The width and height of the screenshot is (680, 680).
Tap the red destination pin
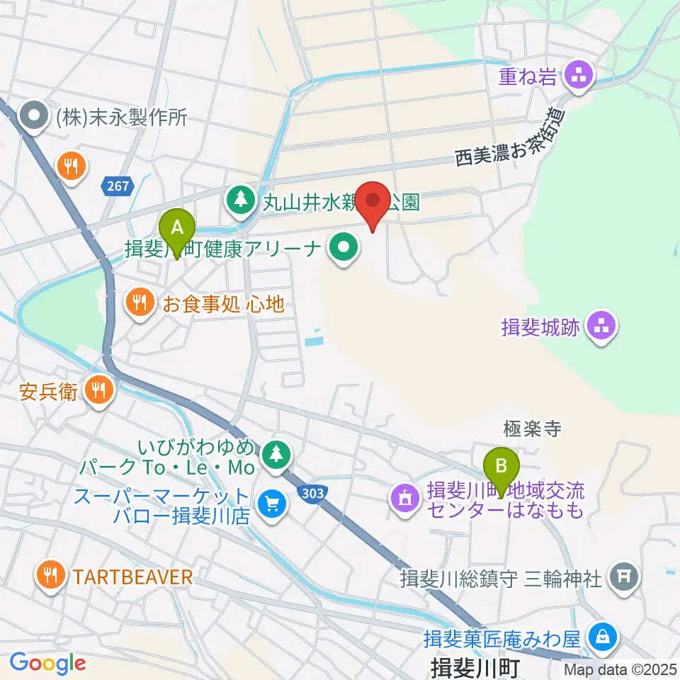tap(372, 201)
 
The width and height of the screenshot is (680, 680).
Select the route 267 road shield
tap(118, 186)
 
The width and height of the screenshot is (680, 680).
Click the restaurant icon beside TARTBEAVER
tap(50, 576)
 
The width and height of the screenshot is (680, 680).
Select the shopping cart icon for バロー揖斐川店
tap(271, 505)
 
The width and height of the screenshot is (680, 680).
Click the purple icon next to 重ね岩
tap(579, 77)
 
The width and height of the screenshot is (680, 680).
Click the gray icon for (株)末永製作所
tap(33, 116)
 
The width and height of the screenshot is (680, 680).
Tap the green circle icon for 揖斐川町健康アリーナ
tap(344, 249)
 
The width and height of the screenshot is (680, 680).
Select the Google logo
tap(47, 663)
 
